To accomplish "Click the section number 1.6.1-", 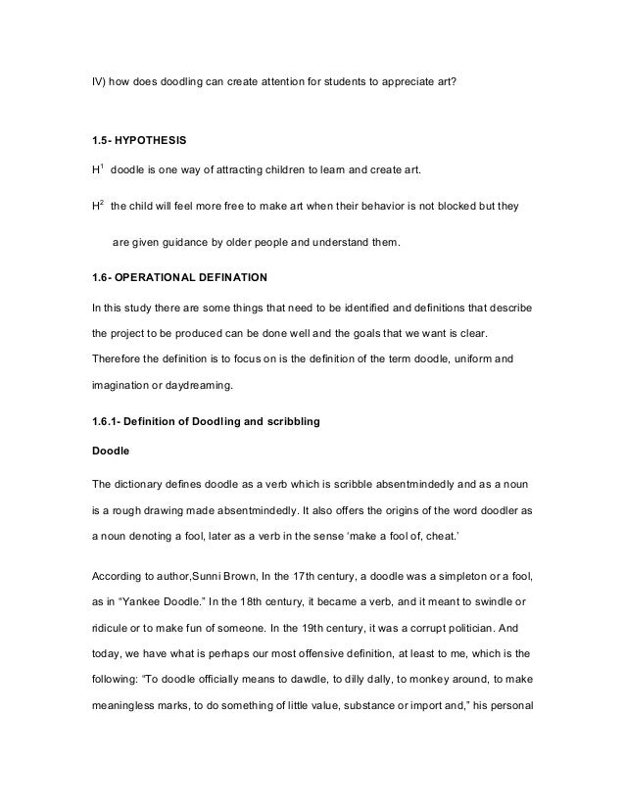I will [109, 421].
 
